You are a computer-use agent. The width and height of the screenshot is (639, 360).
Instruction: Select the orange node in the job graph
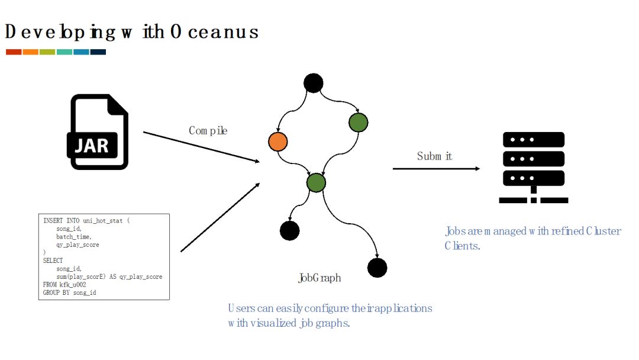pos(277,142)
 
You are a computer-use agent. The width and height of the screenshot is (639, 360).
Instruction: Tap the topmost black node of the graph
pos(313,83)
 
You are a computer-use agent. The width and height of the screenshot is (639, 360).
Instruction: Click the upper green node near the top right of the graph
pos(359,123)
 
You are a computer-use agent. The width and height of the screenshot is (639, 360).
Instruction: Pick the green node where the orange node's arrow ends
pos(317,182)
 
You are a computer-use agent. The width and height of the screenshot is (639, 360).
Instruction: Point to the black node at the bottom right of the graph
pos(377,268)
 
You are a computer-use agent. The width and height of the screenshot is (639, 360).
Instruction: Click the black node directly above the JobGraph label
pos(289,230)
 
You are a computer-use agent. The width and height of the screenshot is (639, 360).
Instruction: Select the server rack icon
pos(533,168)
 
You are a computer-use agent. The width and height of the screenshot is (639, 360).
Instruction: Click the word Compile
pos(208,130)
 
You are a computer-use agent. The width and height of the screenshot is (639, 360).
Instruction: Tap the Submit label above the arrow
pos(435,156)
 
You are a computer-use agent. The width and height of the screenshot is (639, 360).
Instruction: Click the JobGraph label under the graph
pos(319,278)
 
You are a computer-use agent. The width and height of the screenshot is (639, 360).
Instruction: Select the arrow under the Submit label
pos(436,169)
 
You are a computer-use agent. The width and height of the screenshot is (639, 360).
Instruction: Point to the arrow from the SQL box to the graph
pos(220,217)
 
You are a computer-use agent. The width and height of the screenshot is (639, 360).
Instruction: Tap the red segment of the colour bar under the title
pos(14,52)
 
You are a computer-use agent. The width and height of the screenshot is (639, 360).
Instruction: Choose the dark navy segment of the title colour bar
pos(98,52)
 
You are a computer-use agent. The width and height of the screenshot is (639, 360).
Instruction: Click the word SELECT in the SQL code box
pos(53,261)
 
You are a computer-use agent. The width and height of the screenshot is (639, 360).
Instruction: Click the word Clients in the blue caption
pos(461,246)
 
